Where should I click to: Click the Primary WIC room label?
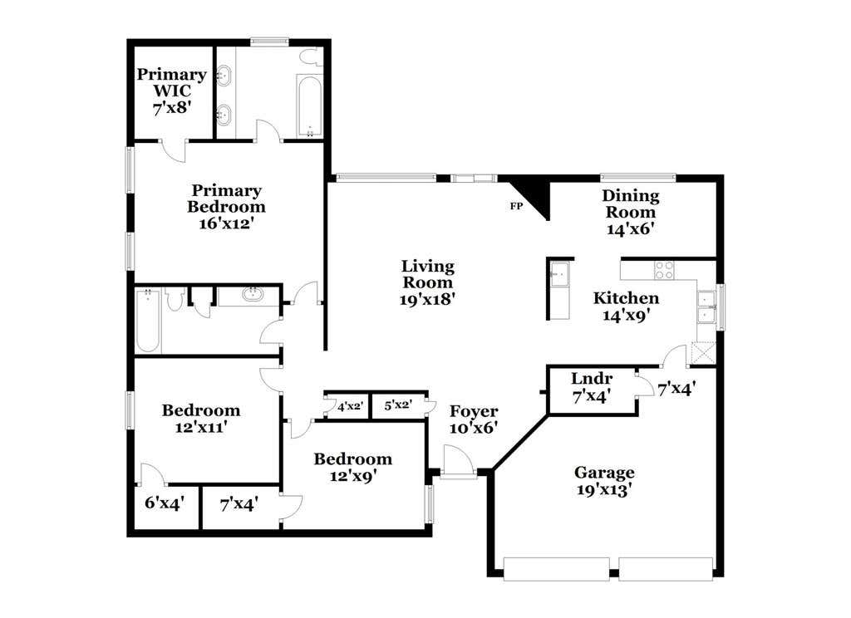172,91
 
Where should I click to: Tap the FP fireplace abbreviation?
516,206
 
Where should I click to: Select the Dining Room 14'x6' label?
631,212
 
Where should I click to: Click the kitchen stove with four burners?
664,270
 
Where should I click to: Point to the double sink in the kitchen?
706,307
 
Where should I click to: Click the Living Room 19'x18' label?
428,282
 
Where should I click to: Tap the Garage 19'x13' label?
604,481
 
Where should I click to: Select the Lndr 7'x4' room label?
592,387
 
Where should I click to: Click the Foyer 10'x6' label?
474,419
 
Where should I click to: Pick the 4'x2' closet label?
350,406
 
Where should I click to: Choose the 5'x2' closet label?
398,405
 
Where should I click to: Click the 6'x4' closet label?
165,503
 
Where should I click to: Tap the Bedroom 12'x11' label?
201,419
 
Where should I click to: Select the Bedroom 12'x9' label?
352,467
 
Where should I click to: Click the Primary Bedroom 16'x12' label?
226,207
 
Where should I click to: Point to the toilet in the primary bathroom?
311,58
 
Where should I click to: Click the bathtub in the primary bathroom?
309,105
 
